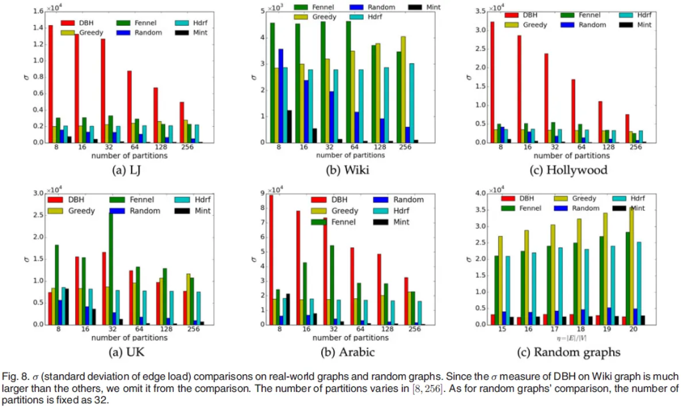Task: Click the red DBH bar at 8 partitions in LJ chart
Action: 51,84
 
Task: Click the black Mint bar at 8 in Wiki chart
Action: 289,126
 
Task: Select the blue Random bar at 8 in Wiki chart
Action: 281,96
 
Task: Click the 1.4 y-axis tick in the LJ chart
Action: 39,27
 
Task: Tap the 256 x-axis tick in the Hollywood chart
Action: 635,148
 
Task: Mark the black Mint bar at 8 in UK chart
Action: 67,306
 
